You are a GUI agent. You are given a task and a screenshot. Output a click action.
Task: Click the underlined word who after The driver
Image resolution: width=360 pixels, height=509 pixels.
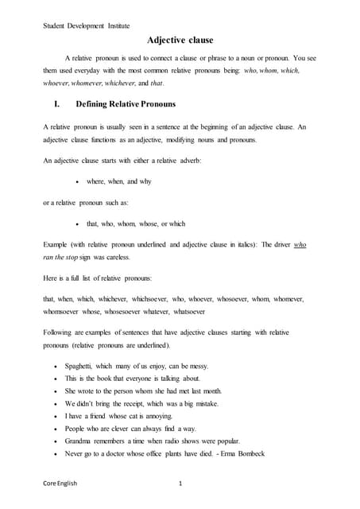click(x=300, y=245)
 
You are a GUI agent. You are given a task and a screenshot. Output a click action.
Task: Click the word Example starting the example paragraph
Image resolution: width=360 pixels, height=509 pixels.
click(x=57, y=245)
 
